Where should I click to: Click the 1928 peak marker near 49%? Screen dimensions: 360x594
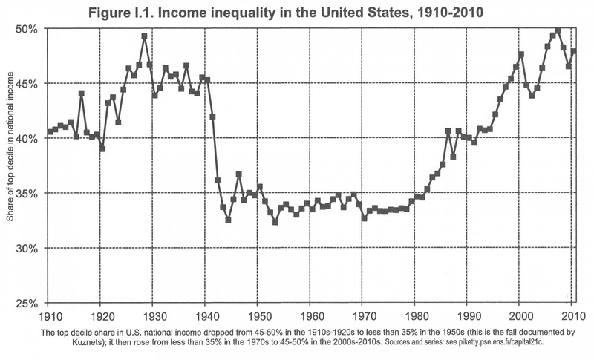coord(144,36)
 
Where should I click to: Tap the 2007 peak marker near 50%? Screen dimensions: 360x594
coord(558,31)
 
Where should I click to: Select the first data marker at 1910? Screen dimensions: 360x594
coord(50,132)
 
